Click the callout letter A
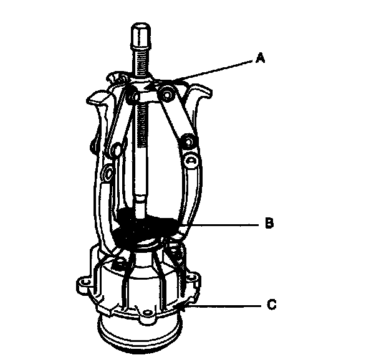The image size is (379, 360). (261, 59)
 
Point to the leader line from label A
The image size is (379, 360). (212, 69)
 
